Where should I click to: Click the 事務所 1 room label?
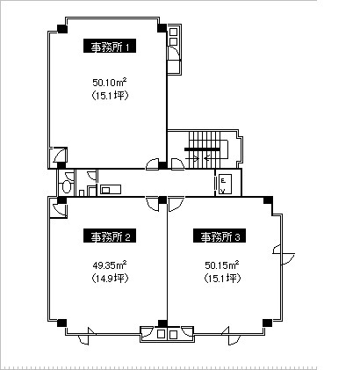click(110, 46)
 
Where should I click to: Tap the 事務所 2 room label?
click(110, 236)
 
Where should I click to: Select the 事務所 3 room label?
click(220, 236)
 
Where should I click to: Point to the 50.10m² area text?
click(110, 83)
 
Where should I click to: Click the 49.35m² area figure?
click(110, 265)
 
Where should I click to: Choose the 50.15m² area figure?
click(222, 265)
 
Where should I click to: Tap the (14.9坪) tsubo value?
click(110, 278)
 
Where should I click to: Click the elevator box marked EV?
click(225, 184)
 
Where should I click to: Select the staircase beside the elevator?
click(208, 150)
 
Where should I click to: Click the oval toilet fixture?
click(67, 186)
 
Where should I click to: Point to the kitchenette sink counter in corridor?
click(111, 189)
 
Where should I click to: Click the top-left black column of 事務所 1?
click(62, 29)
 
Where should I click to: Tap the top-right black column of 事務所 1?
click(162, 28)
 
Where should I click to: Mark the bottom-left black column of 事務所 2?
click(61, 323)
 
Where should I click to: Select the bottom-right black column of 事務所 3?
click(267, 323)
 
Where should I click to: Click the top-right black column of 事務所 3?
click(268, 200)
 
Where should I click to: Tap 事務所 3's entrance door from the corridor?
click(176, 204)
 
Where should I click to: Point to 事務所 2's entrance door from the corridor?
click(152, 203)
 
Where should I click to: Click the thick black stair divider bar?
click(202, 149)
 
